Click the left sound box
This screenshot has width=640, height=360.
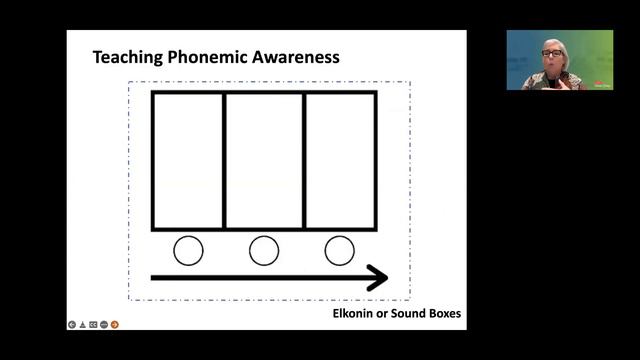point(188,160)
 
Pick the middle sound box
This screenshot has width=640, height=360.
point(264,160)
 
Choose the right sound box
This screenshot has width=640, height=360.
point(340,160)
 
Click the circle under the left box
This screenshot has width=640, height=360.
point(188,250)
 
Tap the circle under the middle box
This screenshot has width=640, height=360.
point(264,250)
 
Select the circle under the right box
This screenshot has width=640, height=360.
point(340,250)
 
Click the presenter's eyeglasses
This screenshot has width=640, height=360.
point(552,53)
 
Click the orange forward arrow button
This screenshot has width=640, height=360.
point(114,324)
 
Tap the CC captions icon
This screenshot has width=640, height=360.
point(93,324)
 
